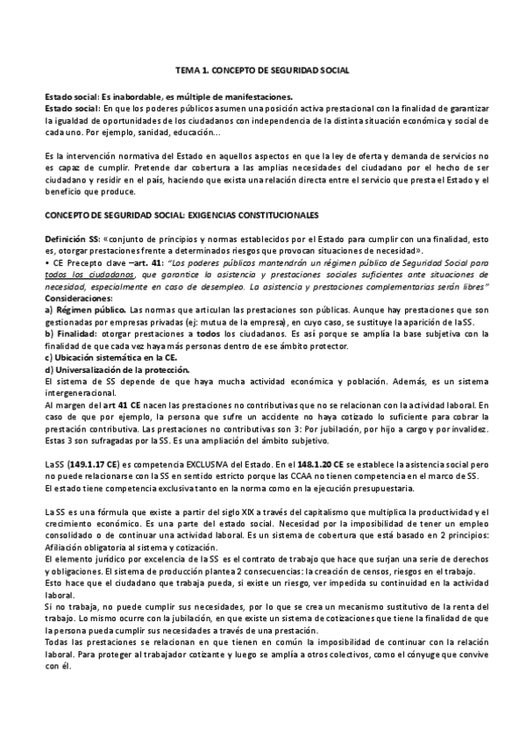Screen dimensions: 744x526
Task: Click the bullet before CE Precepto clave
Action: pos(46,262)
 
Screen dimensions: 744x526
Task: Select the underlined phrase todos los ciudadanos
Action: pos(83,275)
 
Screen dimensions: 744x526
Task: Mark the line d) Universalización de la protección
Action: pos(109,371)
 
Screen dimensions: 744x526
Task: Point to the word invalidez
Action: pos(465,432)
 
